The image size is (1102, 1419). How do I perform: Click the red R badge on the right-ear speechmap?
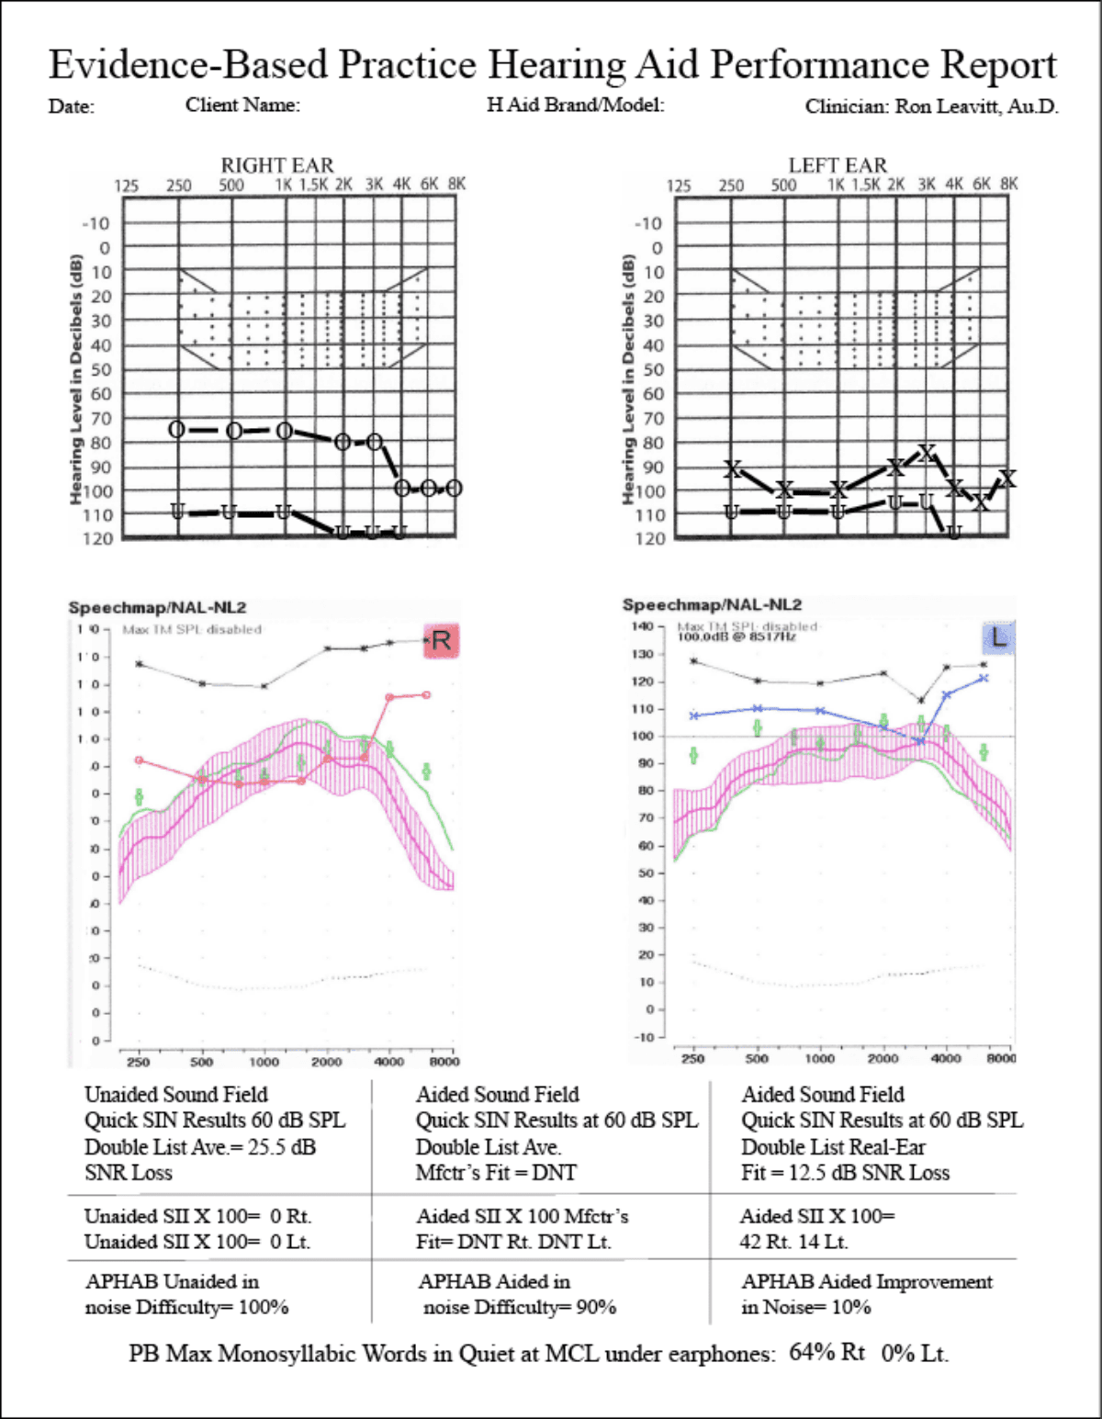(x=441, y=640)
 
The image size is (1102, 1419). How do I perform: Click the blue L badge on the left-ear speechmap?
(x=998, y=637)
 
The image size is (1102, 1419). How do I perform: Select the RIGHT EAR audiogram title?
(x=277, y=165)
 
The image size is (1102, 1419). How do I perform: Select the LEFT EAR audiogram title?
(x=838, y=165)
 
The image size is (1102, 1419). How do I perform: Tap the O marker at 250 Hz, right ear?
(x=177, y=430)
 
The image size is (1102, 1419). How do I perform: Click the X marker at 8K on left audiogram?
(x=1007, y=479)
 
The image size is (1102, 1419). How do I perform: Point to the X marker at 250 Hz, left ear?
(x=732, y=469)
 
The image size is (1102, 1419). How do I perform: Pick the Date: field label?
(x=72, y=107)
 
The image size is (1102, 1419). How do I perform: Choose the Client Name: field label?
(x=242, y=106)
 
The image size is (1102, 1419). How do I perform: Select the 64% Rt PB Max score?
(x=826, y=1352)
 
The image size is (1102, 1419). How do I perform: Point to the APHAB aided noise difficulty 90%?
(x=596, y=1307)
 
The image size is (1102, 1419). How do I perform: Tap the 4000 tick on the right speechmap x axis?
(x=388, y=1062)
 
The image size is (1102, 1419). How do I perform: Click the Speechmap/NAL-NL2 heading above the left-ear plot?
(x=712, y=604)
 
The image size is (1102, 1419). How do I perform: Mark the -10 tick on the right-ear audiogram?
(x=96, y=223)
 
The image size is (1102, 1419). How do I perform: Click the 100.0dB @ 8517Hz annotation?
(x=737, y=636)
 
